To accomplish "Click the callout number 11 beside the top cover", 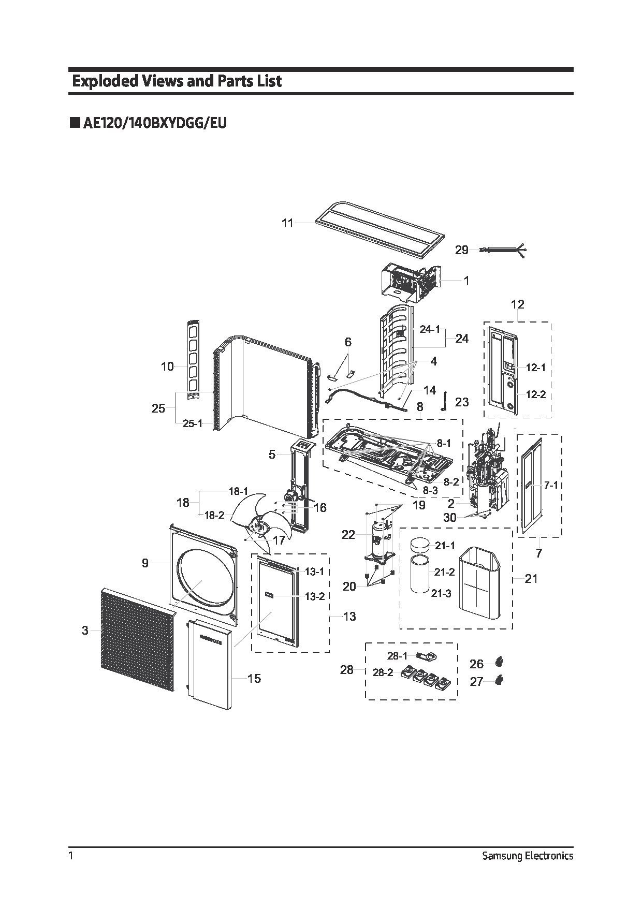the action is pos(287,223).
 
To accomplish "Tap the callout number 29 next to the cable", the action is pos(461,251).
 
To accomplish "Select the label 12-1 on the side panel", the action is pos(536,368).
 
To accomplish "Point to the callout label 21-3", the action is pos(441,594).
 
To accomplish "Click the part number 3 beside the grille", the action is pos(85,631).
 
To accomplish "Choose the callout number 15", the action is pos(254,679).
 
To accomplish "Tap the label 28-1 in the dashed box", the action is pos(397,656).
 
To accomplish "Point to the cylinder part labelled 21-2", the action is pos(421,574).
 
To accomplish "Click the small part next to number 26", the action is pos(499,662).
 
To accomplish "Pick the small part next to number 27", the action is pos(499,680).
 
